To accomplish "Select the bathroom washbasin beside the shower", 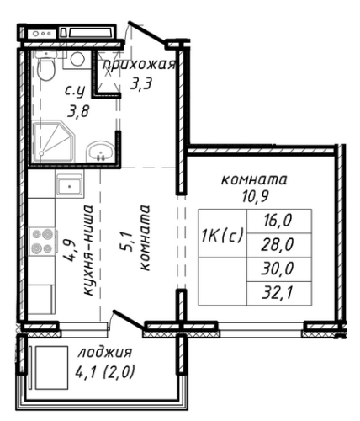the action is (x=100, y=152).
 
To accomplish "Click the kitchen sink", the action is (x=69, y=184).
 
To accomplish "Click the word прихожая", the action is (x=140, y=66).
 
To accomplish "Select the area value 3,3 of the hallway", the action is (x=141, y=83).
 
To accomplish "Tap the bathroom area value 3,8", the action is (x=78, y=111).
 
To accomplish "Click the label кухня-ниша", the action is (x=87, y=250).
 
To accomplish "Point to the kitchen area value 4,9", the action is (x=69, y=250).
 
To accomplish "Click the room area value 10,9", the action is (x=255, y=196).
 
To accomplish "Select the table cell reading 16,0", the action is (x=278, y=221).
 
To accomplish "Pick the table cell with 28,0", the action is (x=278, y=244).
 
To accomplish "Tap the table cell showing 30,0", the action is (x=278, y=269).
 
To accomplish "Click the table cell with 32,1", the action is (x=278, y=293).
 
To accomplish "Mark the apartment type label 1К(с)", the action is (x=222, y=236).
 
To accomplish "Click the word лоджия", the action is (x=105, y=353).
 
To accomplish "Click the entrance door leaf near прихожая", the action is (x=146, y=33).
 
